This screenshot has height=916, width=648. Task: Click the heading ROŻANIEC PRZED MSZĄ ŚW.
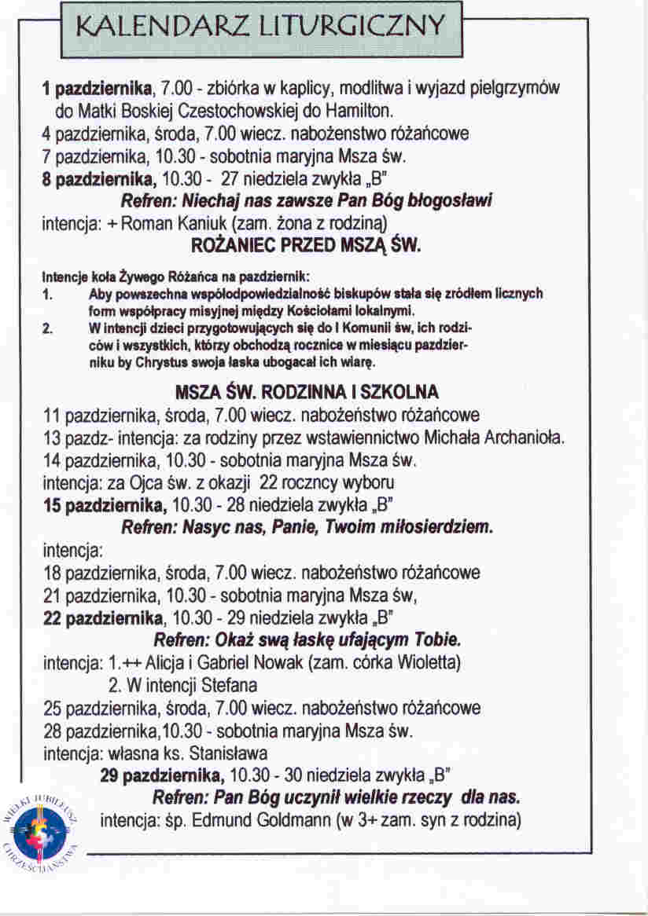pyautogui.click(x=307, y=246)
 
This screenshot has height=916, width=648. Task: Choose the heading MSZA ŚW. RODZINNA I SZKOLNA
pyautogui.click(x=307, y=391)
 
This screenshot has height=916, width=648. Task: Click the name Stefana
pyautogui.click(x=230, y=684)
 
